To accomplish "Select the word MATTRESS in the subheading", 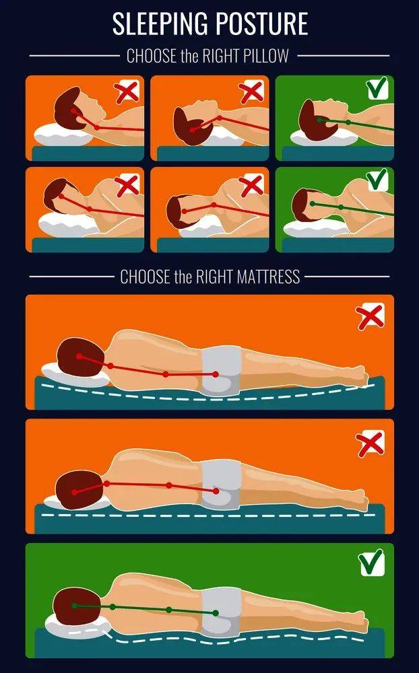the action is tap(268, 277).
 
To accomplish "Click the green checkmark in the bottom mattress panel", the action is tap(372, 563).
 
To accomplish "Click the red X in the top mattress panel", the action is tap(370, 316).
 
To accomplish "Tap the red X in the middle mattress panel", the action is tap(370, 444).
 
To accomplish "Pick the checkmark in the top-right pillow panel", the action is tap(377, 87).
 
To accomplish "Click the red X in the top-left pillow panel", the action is tap(127, 92).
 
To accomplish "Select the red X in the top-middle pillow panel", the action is tap(252, 92).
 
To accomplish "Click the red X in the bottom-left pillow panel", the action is tap(127, 184).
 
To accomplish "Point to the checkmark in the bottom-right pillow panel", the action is tap(377, 180).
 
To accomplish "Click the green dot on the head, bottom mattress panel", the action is tap(75, 606).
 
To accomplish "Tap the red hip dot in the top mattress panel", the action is tap(216, 375).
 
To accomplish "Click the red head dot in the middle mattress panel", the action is tap(75, 492).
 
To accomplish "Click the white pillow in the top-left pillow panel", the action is tap(63, 135).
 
